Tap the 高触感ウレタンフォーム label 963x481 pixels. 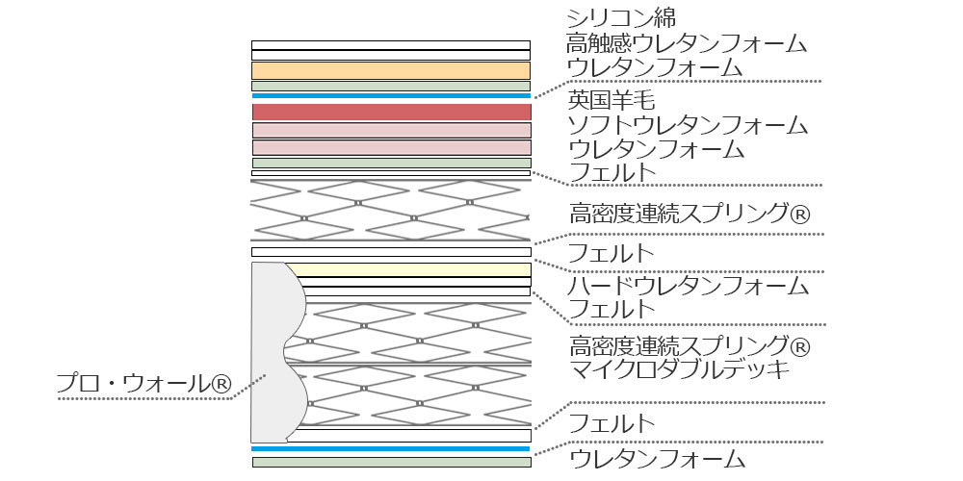[x=687, y=42]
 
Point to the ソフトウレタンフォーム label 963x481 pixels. [x=687, y=125]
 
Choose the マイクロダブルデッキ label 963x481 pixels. [x=678, y=368]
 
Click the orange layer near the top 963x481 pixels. [x=391, y=70]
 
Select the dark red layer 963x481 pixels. [x=391, y=112]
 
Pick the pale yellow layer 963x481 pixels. [x=409, y=268]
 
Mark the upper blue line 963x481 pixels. [x=391, y=96]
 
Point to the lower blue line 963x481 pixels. [x=391, y=448]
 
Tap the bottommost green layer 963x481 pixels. [x=391, y=462]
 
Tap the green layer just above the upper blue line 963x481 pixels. [x=391, y=86]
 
